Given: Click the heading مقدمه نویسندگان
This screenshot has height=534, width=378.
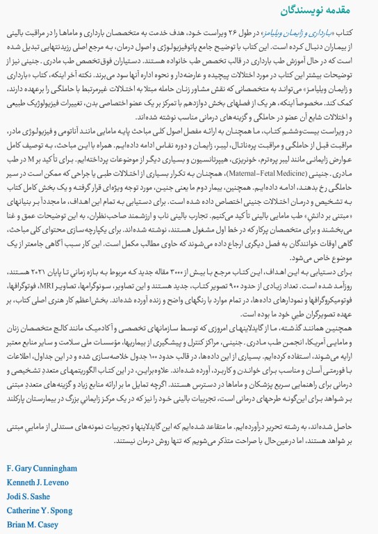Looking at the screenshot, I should pos(327,10).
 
